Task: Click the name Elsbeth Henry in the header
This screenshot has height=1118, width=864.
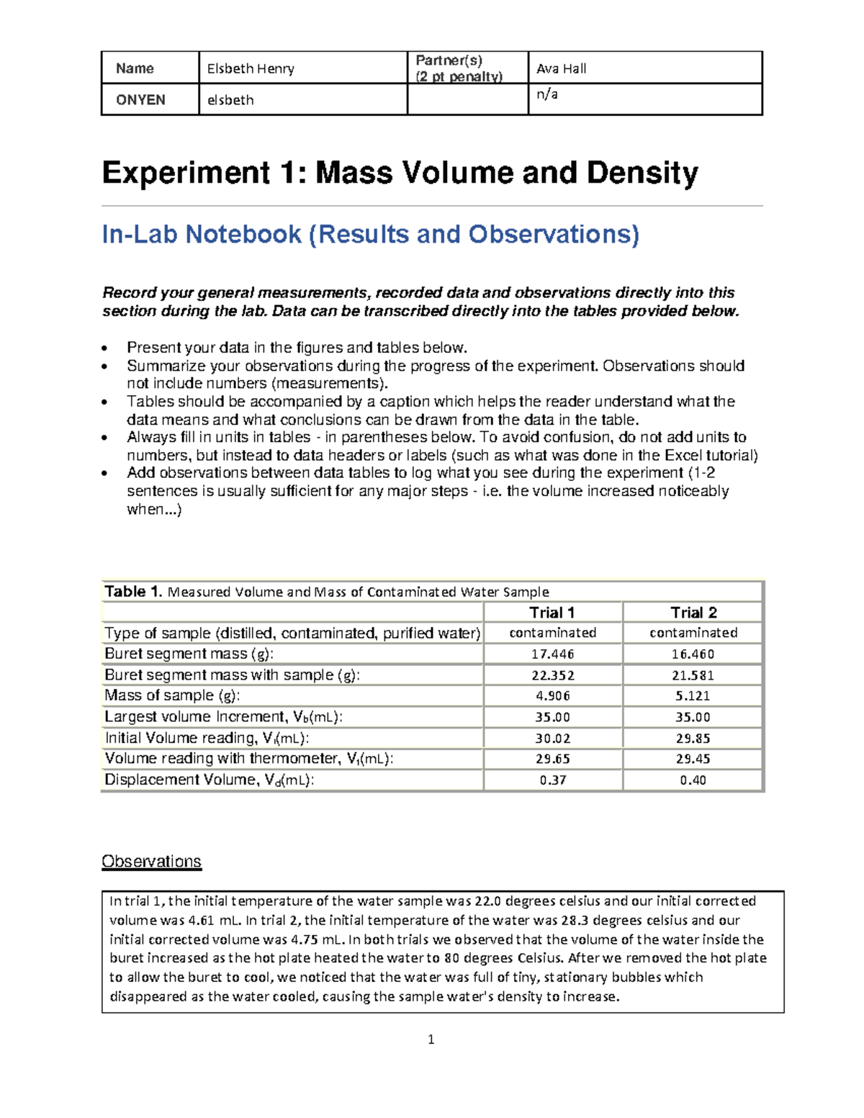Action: tap(251, 68)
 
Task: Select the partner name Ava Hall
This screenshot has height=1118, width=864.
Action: tap(562, 68)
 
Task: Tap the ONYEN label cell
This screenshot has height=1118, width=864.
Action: tap(140, 99)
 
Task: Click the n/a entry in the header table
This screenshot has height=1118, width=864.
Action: tap(547, 94)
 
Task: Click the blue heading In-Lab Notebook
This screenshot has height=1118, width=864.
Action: tap(202, 234)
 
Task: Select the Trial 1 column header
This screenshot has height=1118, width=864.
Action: tap(552, 613)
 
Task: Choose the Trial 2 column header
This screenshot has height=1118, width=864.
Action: tap(693, 613)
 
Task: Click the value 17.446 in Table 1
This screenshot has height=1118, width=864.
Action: tap(552, 654)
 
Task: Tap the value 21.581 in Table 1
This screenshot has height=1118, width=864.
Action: tap(693, 675)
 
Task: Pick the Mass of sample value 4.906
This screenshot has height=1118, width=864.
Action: tap(552, 696)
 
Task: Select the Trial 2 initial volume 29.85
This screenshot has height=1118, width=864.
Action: tap(693, 738)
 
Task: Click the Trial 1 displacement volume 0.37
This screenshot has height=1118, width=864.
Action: tap(552, 780)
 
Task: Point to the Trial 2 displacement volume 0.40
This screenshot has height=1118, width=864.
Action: tap(693, 780)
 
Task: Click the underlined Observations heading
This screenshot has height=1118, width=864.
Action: tap(151, 862)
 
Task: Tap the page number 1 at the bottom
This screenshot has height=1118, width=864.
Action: tap(431, 1039)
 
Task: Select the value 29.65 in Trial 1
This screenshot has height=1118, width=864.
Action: tap(552, 759)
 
